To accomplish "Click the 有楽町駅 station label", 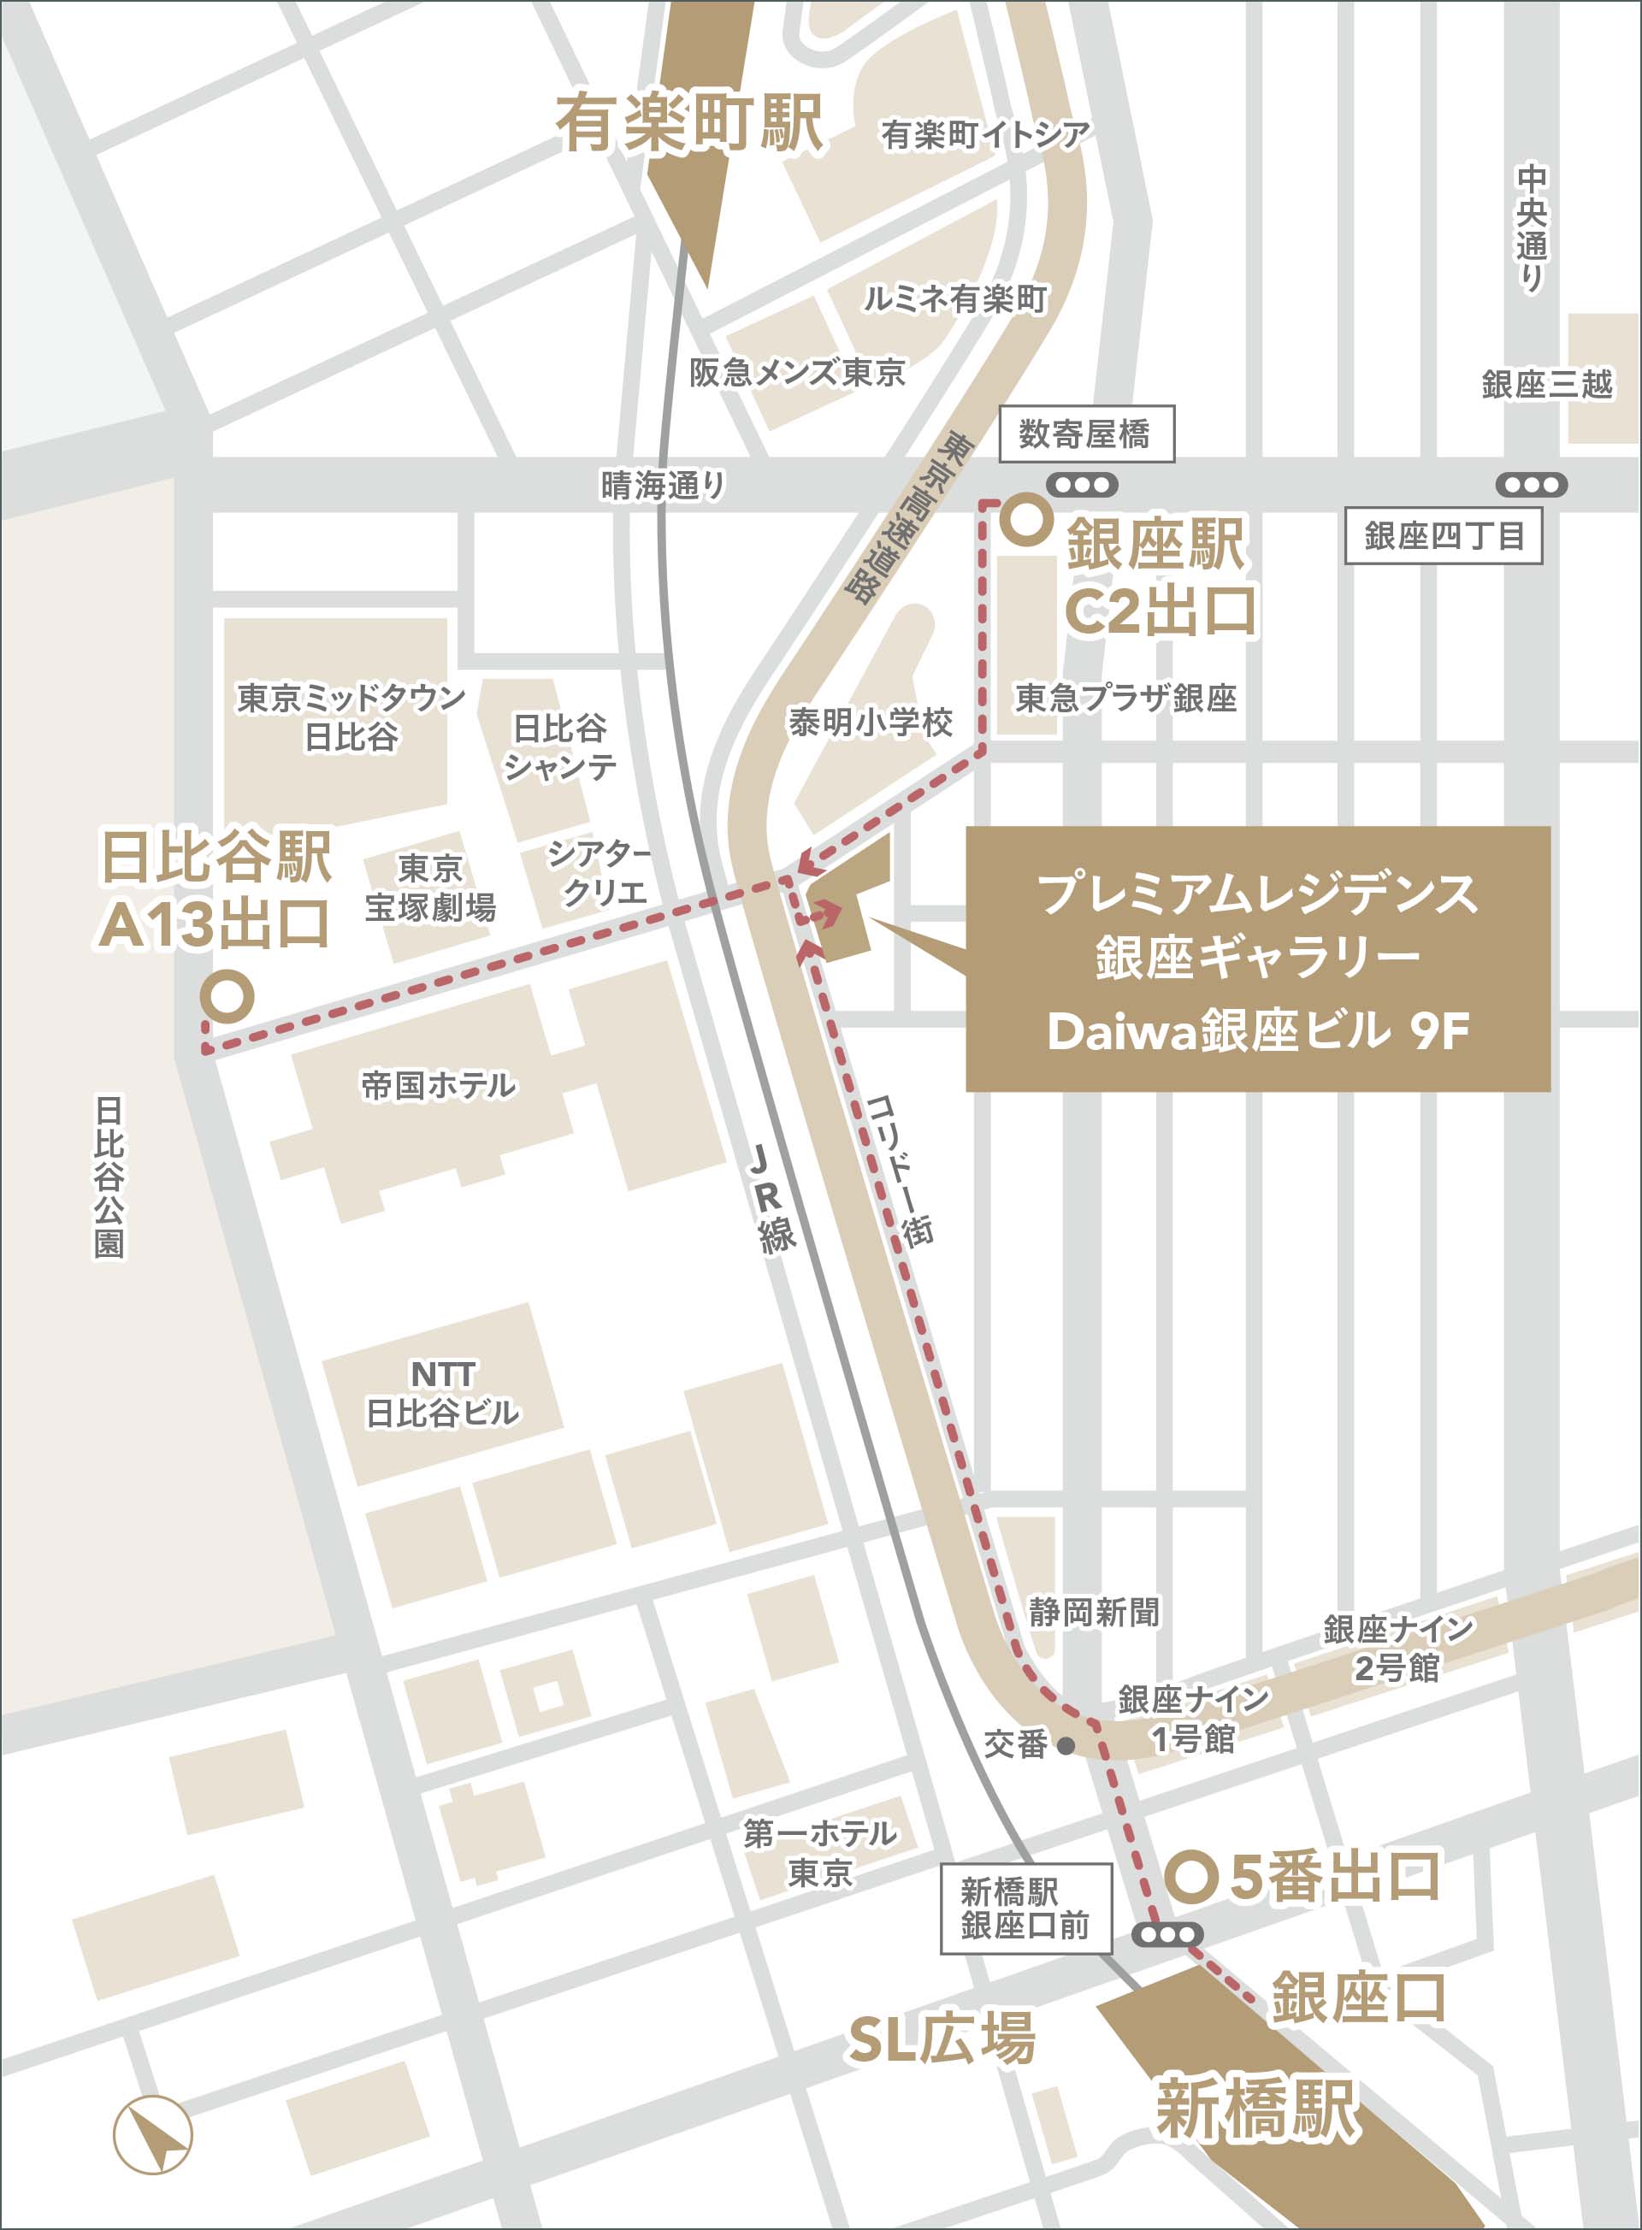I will click(x=688, y=124).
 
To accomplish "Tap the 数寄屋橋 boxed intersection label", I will click(x=1085, y=434).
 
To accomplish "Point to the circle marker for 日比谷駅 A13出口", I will click(x=227, y=996).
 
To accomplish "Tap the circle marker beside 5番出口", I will click(x=1190, y=1876).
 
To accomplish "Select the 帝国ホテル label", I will click(x=437, y=1085).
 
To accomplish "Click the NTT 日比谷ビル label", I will click(x=442, y=1393).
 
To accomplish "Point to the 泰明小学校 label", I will click(x=870, y=723).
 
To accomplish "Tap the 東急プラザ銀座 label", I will click(x=1125, y=699).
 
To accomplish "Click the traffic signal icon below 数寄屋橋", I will click(x=1082, y=485).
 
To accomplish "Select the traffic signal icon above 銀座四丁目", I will click(x=1531, y=485).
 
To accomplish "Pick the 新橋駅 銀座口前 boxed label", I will click(x=1025, y=1908).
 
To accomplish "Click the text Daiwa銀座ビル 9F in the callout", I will click(x=1257, y=1030).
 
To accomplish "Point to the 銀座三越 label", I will click(x=1545, y=385).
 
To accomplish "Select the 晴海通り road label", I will click(x=663, y=485).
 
